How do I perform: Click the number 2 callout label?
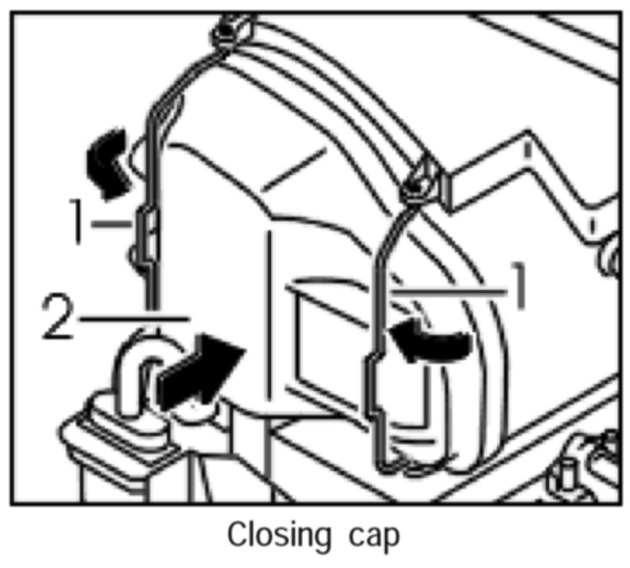pyautogui.click(x=58, y=318)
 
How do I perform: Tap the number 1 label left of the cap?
pyautogui.click(x=77, y=222)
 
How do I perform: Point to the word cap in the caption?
pyautogui.click(x=376, y=536)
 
